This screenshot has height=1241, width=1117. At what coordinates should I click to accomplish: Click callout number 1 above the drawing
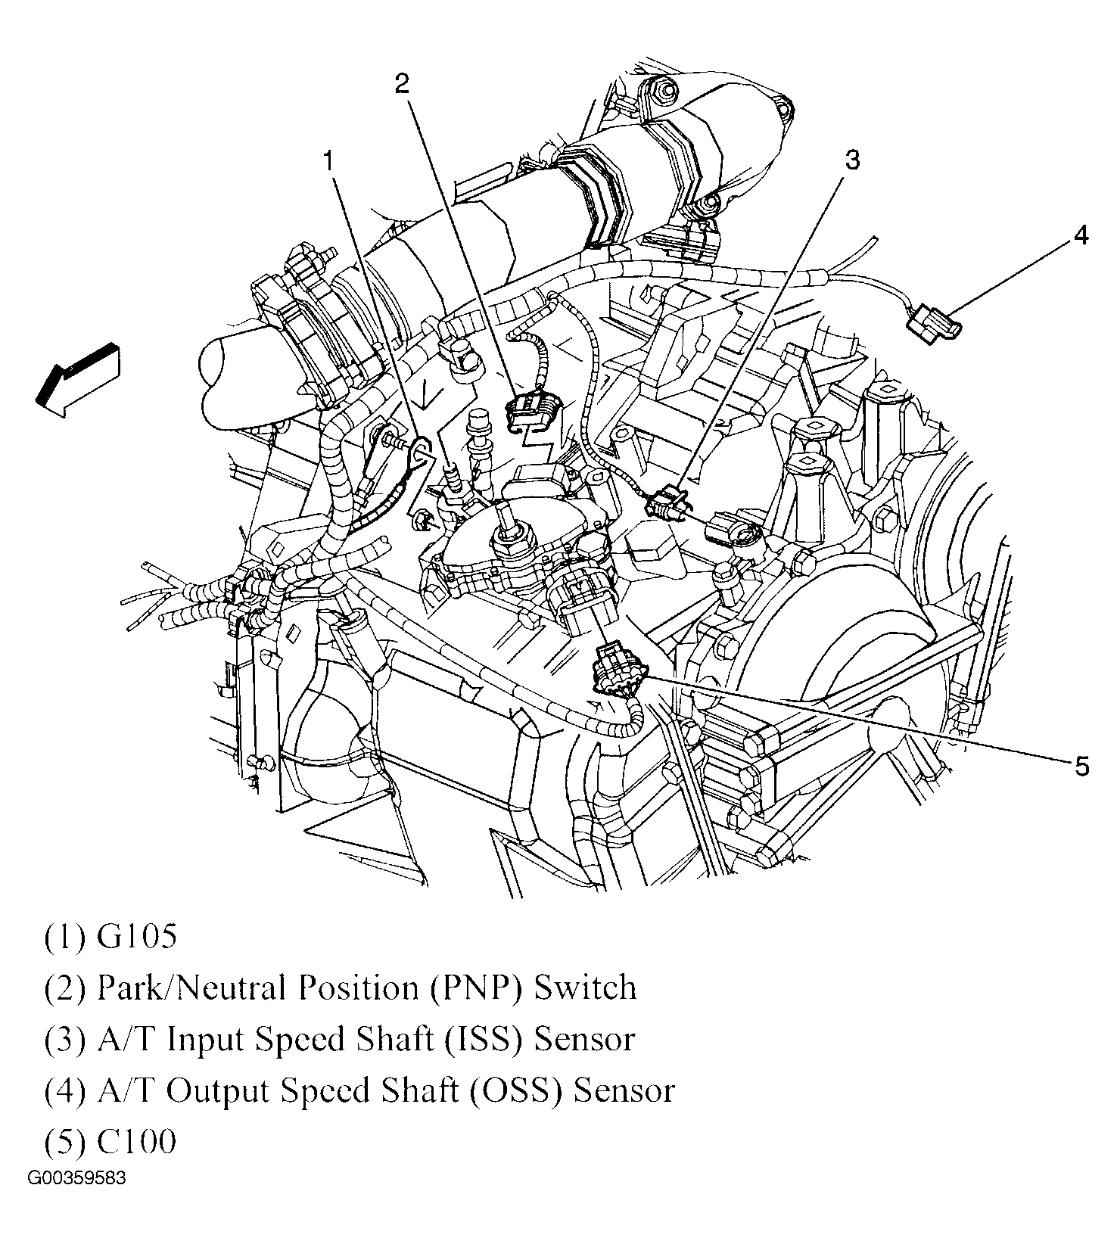pyautogui.click(x=328, y=160)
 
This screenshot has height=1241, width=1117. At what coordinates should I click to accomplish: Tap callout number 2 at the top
pyautogui.click(x=402, y=83)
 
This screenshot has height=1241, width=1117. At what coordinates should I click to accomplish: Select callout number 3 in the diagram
pyautogui.click(x=853, y=160)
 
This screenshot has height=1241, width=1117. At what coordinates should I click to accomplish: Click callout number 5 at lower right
pyautogui.click(x=1081, y=766)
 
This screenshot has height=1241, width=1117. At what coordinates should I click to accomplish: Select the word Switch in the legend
pyautogui.click(x=585, y=988)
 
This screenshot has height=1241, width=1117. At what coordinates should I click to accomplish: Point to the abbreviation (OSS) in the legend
pyautogui.click(x=522, y=1091)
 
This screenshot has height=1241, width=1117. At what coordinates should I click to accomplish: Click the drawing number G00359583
pyautogui.click(x=78, y=1179)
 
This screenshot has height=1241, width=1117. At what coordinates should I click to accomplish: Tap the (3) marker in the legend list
pyautogui.click(x=65, y=1040)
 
